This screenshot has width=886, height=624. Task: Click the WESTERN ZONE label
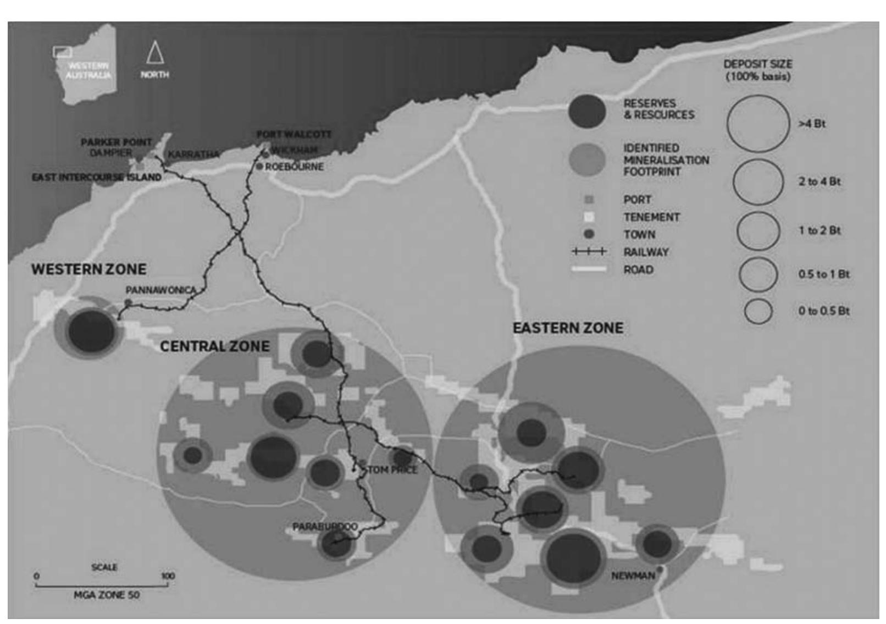89,269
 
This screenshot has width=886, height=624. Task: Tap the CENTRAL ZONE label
215,346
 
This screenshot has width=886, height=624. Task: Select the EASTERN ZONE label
568,328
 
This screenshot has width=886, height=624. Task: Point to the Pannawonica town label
160,290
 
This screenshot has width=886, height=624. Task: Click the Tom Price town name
392,470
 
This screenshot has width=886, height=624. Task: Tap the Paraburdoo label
325,527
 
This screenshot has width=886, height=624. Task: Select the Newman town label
633,576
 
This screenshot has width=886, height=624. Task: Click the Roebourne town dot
259,166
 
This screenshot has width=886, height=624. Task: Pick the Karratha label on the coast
193,154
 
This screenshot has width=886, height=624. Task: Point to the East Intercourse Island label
97,177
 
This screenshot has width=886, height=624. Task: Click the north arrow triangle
155,53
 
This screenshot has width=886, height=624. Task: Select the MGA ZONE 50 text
107,595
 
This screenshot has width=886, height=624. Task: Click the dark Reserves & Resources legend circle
588,110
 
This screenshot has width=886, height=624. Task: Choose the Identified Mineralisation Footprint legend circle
588,159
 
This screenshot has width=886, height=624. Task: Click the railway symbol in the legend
589,252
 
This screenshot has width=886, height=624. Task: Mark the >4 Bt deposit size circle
758,124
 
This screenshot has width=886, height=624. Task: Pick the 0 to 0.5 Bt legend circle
758,311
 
